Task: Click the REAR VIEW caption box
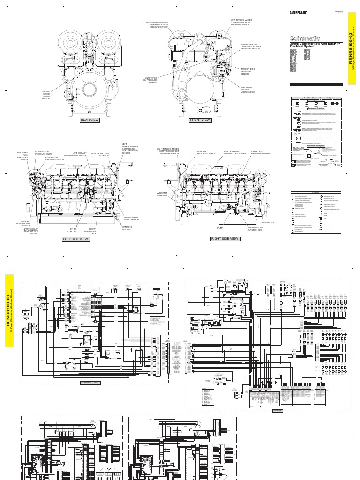(x=90, y=120)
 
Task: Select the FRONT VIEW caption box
(x=200, y=120)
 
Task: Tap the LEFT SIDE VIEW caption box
(x=75, y=239)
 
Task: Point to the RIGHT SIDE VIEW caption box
(x=225, y=239)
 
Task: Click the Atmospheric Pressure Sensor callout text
(x=247, y=71)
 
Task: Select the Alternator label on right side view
(x=268, y=222)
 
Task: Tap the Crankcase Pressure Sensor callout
(x=260, y=153)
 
